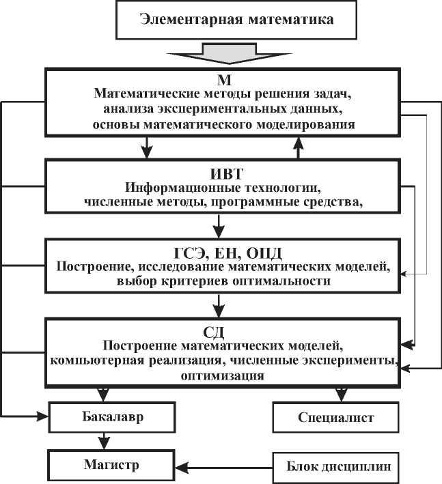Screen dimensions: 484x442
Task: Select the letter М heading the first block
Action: coord(219,79)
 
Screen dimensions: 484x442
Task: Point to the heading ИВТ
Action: coord(220,172)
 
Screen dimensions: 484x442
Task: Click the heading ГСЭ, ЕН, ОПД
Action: coord(220,251)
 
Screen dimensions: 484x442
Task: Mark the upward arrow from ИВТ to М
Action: coord(298,146)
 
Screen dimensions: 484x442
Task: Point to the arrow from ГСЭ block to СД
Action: coord(219,302)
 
